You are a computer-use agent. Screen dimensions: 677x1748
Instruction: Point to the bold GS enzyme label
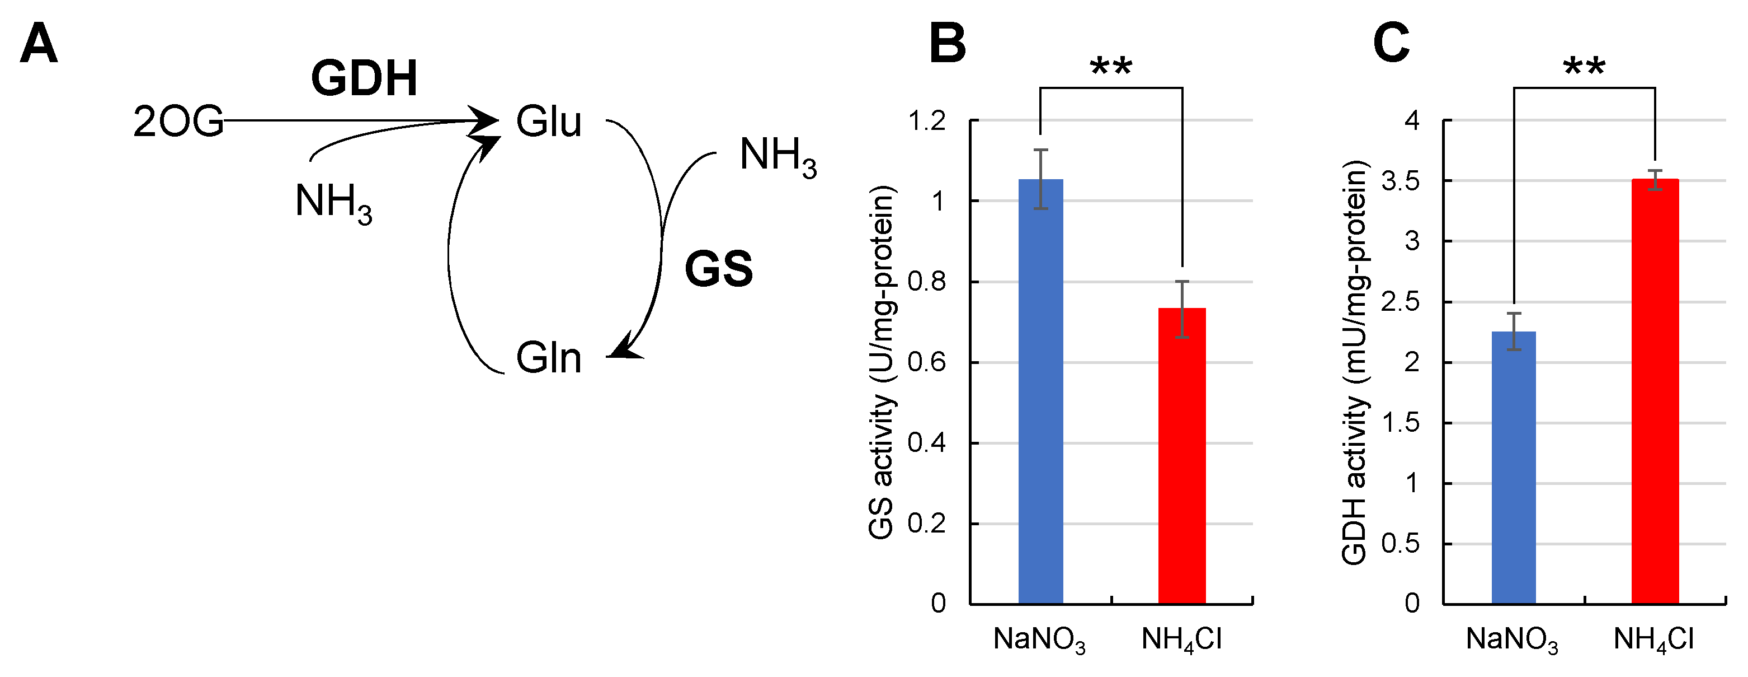coord(719,269)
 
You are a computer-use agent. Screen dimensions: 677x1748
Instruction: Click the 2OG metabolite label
coord(178,122)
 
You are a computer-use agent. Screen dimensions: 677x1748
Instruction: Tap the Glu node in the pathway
coord(548,122)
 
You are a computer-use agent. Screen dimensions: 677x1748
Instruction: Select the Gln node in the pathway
coord(548,358)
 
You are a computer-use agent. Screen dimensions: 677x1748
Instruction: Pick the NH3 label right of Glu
coord(778,156)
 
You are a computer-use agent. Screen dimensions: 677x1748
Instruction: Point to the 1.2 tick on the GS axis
coord(926,122)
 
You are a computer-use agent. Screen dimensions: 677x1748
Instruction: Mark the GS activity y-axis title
coord(882,362)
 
